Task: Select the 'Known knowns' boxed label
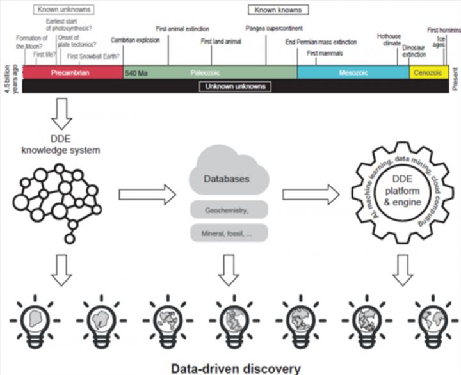[x=278, y=10]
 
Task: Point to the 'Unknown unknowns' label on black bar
[x=235, y=86]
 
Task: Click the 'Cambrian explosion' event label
[x=136, y=40]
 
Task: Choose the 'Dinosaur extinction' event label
[x=414, y=51]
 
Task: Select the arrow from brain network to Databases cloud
[x=147, y=194]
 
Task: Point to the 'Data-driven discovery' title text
[x=235, y=368]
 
